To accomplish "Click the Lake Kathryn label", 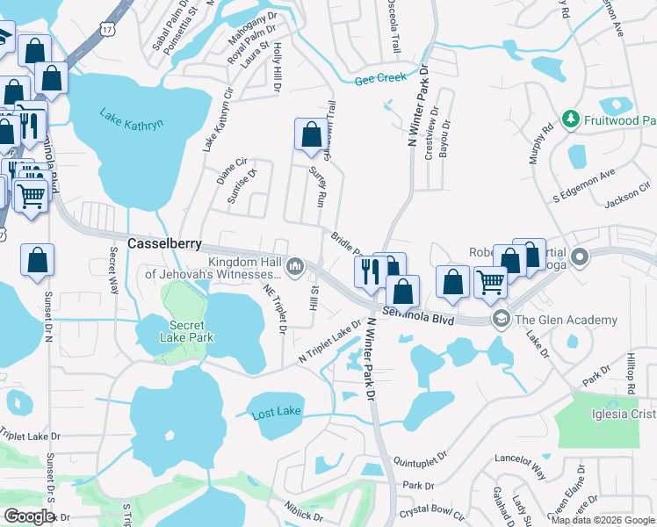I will (x=132, y=119).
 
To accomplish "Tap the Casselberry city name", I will (x=166, y=243).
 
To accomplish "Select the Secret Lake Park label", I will (x=180, y=329).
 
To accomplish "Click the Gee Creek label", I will (x=380, y=78).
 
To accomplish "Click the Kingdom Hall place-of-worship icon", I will (x=296, y=264).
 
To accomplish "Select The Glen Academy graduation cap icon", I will (x=501, y=318).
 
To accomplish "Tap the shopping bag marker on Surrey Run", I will (x=311, y=135).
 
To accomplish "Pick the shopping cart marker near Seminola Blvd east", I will (x=490, y=283).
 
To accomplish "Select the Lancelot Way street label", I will (x=522, y=458).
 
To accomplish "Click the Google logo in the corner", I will (x=29, y=516).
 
